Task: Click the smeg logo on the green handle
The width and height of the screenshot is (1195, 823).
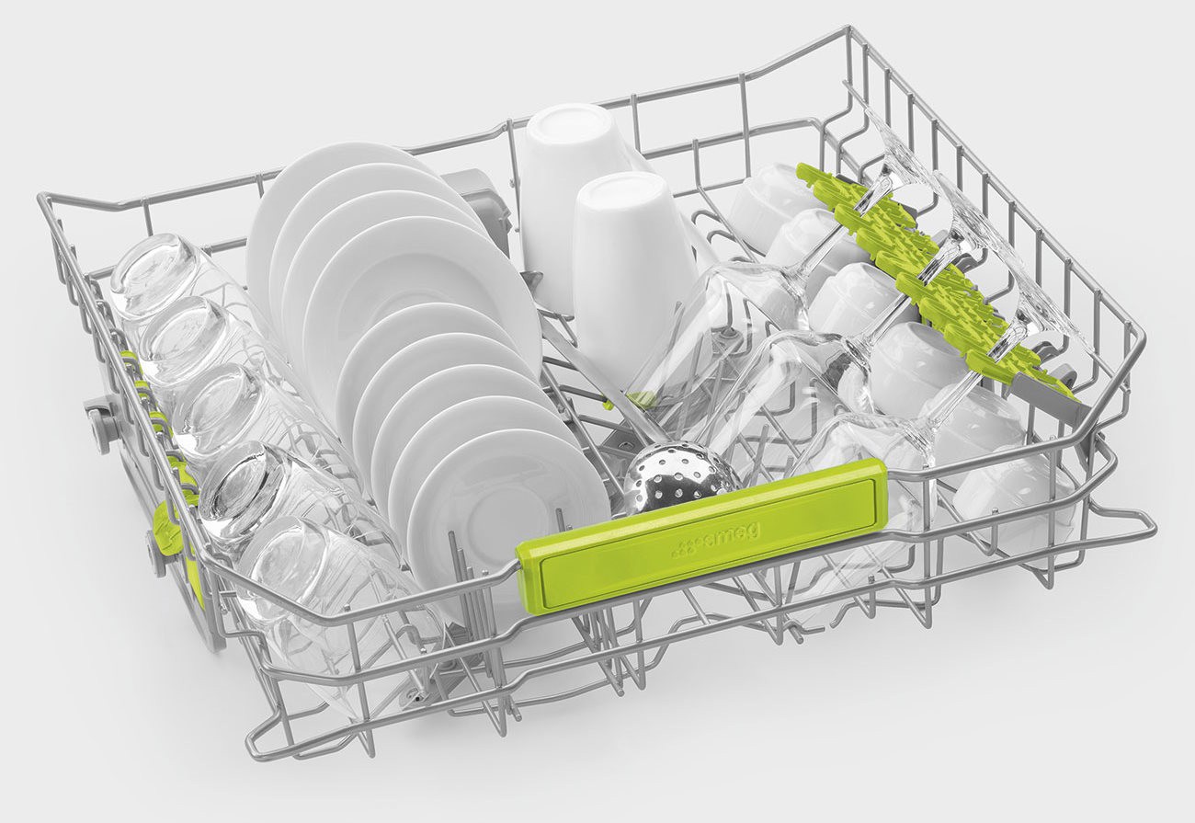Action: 715,539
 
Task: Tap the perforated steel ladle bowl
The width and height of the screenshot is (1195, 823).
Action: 680,480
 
